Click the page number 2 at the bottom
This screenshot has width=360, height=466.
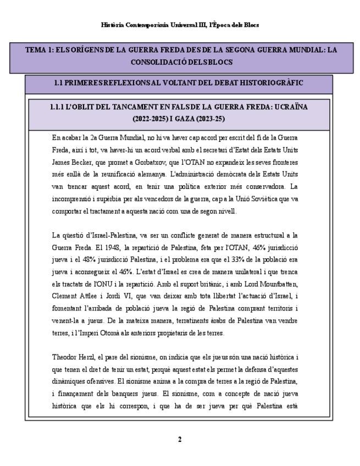[x=180, y=439]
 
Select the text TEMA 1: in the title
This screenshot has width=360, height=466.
[x=39, y=50]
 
